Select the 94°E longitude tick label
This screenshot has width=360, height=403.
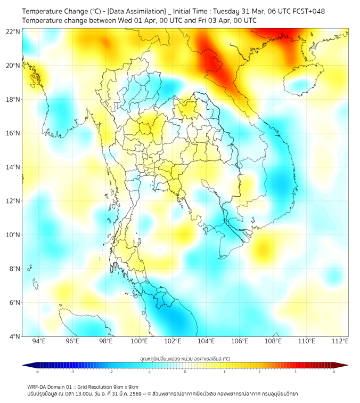point(39,342)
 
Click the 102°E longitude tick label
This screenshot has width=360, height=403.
point(173,342)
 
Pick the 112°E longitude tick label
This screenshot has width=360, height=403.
point(340,342)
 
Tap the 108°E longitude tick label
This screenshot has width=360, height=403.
point(273,342)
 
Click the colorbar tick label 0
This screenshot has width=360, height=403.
point(185,372)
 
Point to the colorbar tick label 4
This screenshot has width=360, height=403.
point(334,372)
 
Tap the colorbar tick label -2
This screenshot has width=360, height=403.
point(110,372)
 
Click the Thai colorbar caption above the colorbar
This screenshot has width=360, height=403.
point(185,359)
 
